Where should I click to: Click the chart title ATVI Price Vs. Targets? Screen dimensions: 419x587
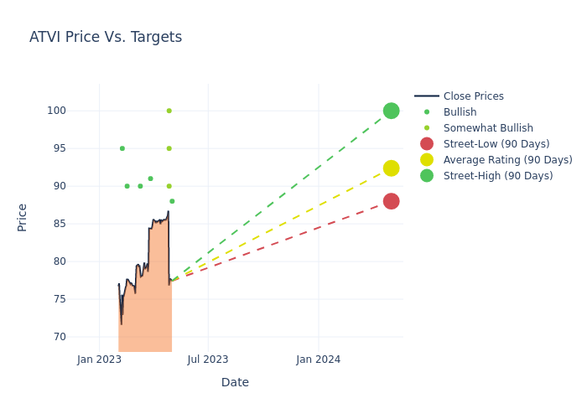pyautogui.click(x=106, y=37)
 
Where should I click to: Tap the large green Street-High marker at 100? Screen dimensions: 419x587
pyautogui.click(x=391, y=111)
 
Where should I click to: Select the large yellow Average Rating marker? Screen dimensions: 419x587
pyautogui.click(x=391, y=168)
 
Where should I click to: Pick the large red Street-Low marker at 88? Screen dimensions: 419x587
pyautogui.click(x=391, y=201)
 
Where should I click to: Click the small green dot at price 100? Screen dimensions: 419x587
pyautogui.click(x=169, y=111)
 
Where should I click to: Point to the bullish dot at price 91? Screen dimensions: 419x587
pyautogui.click(x=150, y=178)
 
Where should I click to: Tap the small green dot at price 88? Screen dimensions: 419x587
pyautogui.click(x=172, y=201)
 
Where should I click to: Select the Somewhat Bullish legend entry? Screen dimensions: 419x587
pyautogui.click(x=488, y=128)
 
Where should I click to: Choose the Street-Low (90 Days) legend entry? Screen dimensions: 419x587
pyautogui.click(x=496, y=144)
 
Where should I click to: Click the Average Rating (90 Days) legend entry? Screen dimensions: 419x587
pyautogui.click(x=507, y=160)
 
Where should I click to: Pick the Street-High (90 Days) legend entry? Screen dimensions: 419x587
pyautogui.click(x=498, y=176)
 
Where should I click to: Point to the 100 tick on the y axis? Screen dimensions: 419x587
pyautogui.click(x=80, y=111)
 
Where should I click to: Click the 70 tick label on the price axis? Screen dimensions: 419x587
pyautogui.click(x=82, y=337)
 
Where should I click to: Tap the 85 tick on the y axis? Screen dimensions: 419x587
pyautogui.click(x=82, y=224)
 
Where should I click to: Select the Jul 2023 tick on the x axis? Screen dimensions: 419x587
pyautogui.click(x=208, y=360)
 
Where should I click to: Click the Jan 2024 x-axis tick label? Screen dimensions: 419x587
pyautogui.click(x=319, y=360)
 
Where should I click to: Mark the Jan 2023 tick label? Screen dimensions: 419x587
pyautogui.click(x=99, y=360)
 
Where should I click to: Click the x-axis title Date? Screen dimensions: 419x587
pyautogui.click(x=235, y=382)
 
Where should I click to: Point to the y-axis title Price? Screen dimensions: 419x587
pyautogui.click(x=23, y=217)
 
